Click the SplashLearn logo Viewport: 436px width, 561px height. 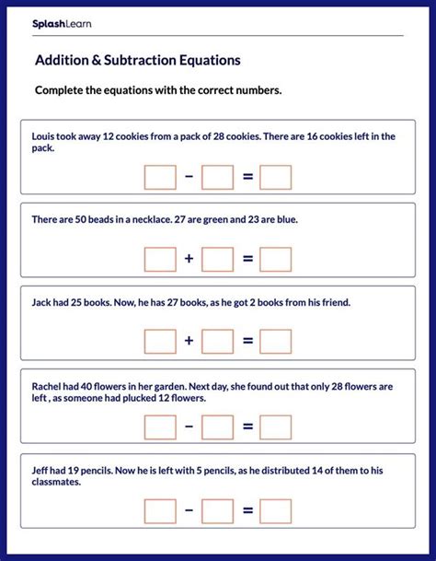pos(63,23)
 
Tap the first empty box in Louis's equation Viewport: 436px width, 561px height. pos(160,177)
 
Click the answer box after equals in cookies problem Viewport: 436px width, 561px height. pos(275,177)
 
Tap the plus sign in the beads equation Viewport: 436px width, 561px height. pos(189,260)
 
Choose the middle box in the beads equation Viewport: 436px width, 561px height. pos(218,260)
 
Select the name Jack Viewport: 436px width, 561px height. pos(43,302)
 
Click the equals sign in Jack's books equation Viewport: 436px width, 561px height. pos(247,343)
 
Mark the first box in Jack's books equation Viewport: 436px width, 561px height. pos(160,343)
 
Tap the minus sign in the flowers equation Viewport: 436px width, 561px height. pos(189,427)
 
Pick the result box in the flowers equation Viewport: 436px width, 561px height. pos(275,427)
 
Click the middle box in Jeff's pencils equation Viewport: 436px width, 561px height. pos(218,511)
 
